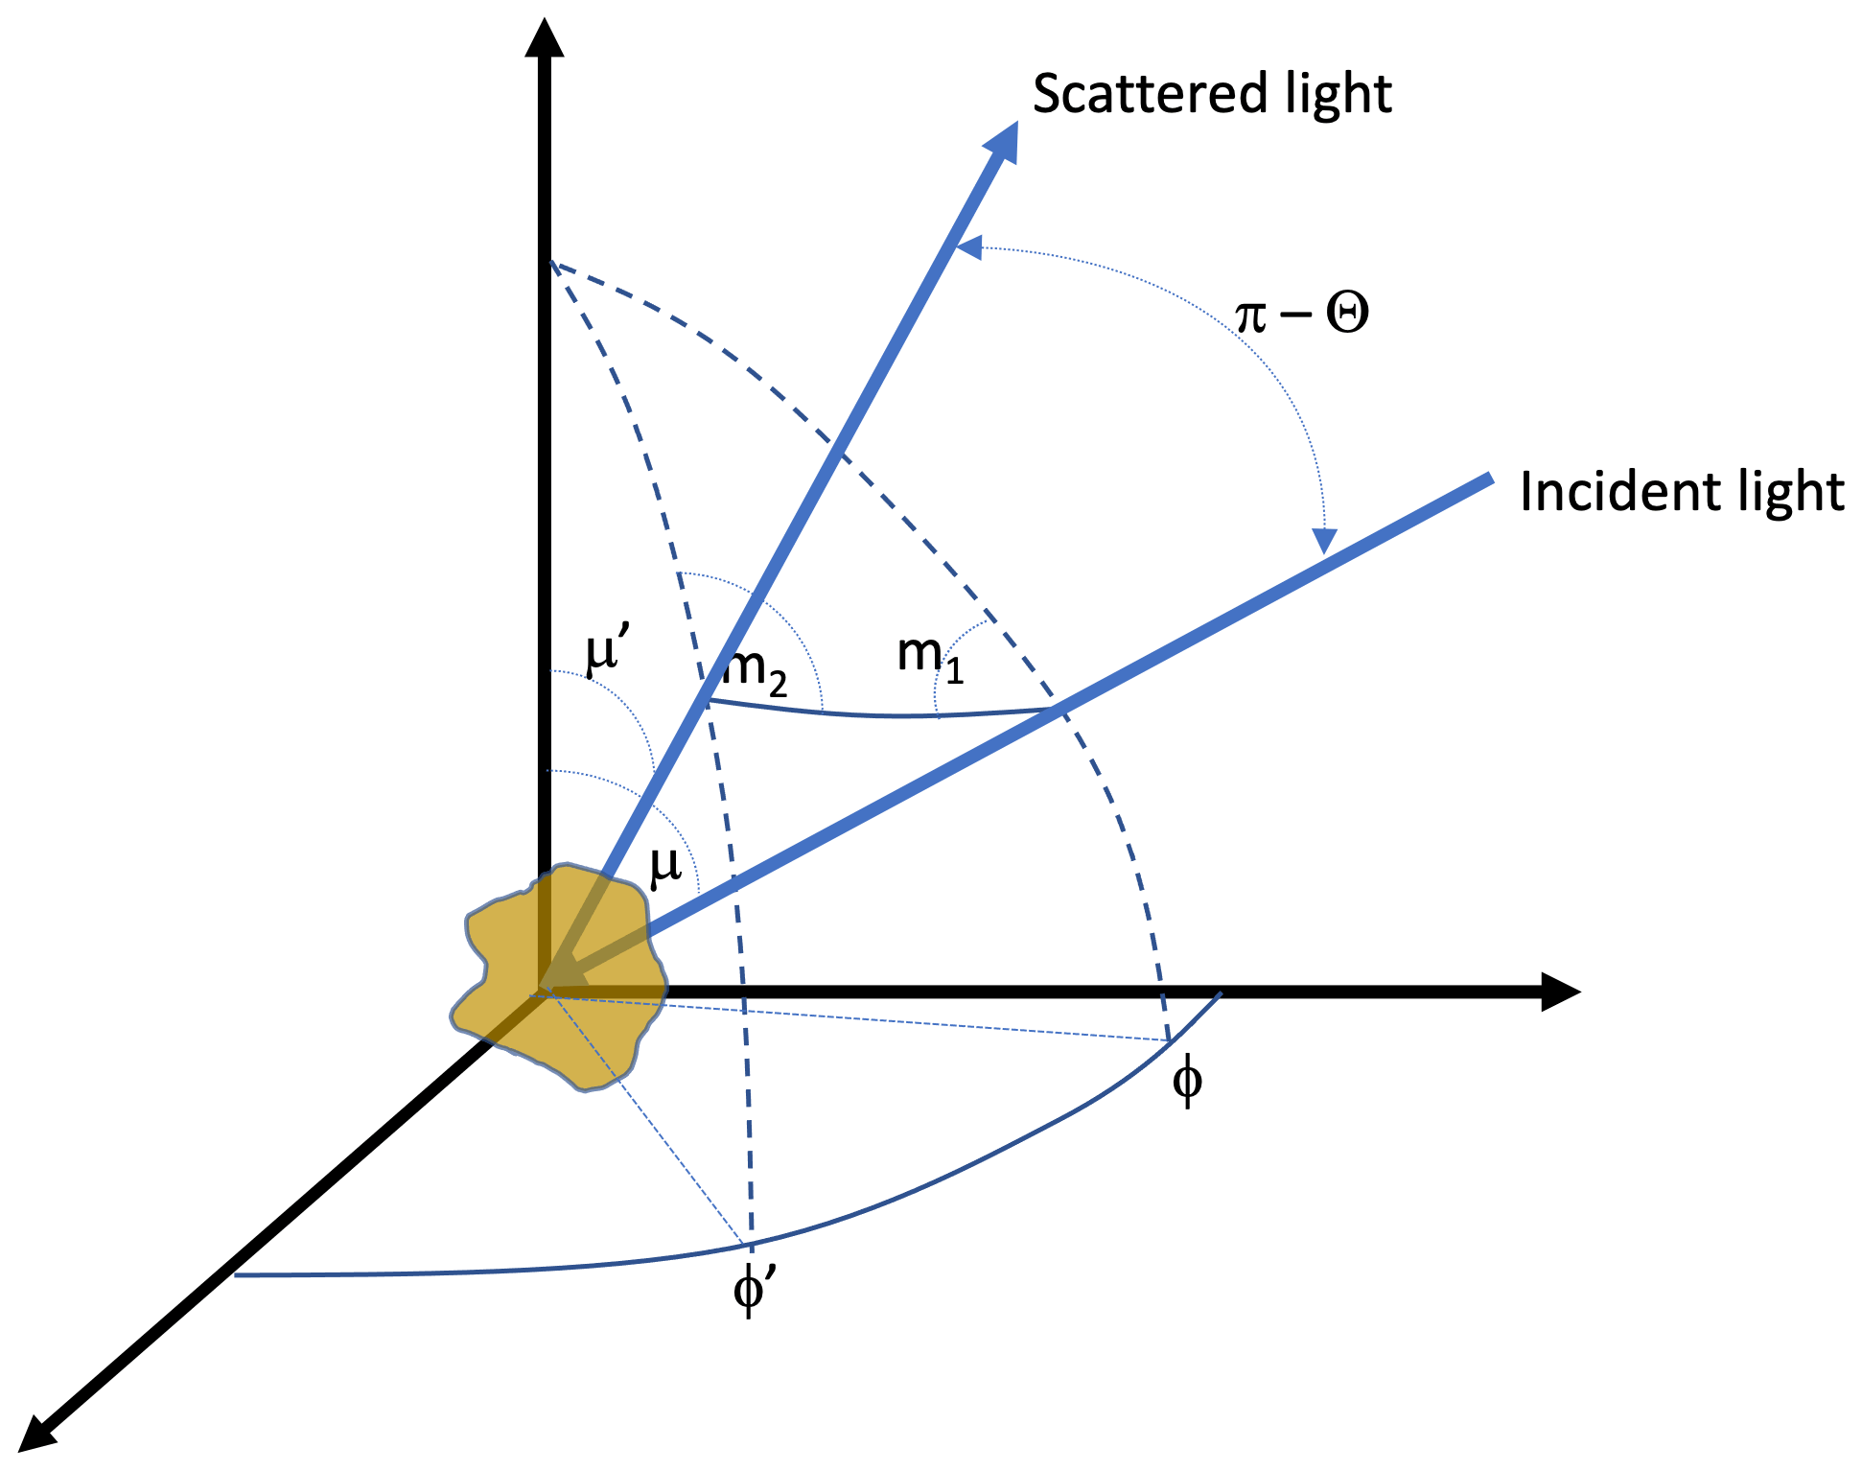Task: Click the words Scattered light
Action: tap(1211, 95)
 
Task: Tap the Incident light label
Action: tap(1681, 493)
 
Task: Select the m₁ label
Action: tap(929, 657)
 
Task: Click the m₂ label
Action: tap(755, 668)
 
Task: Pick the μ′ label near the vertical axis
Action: tap(606, 652)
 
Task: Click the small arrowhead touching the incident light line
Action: tap(1325, 541)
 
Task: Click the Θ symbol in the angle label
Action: tap(1346, 314)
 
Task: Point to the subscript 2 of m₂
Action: tap(777, 684)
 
